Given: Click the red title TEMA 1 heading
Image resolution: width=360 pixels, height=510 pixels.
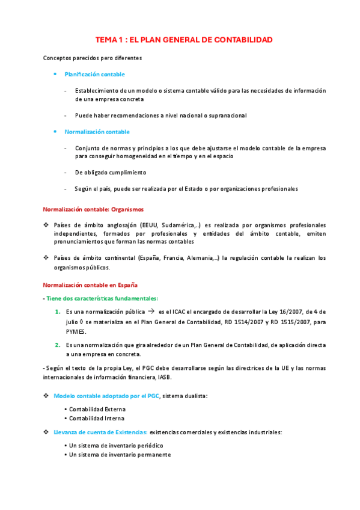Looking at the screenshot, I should coord(184,40).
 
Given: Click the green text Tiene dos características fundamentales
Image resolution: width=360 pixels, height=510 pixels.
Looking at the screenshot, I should coord(102,298).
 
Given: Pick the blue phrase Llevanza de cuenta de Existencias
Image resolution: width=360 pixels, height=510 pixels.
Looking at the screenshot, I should coord(100,432).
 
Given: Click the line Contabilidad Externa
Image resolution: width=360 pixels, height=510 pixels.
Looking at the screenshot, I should coord(97,409).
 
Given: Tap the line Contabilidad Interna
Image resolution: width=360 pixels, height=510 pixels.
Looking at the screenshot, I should coord(96,418).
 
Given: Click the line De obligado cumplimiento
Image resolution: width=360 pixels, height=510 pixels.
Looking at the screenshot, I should coord(111,172).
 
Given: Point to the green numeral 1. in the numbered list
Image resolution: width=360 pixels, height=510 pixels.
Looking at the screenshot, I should coord(58,312).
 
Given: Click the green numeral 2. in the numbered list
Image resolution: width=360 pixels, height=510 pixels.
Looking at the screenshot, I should coord(58,345).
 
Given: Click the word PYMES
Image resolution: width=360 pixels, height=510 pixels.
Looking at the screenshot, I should coord(76,331).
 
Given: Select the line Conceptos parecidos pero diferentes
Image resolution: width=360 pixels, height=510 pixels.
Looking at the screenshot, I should coord(92,58).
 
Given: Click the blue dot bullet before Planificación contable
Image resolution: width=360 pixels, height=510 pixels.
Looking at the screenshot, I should coord(55,74).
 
